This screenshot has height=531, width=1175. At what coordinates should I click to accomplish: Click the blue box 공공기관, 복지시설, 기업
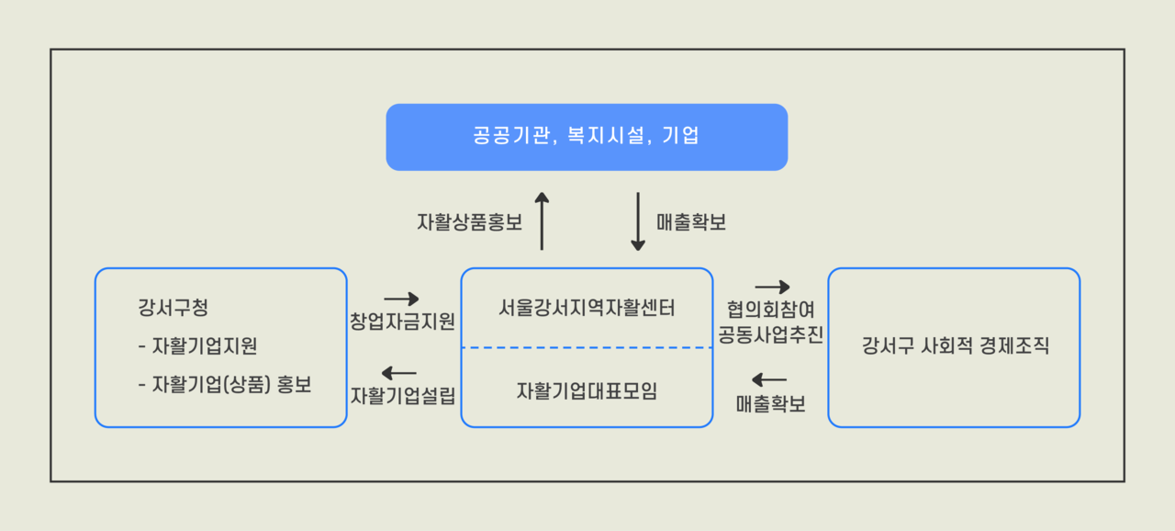(x=587, y=137)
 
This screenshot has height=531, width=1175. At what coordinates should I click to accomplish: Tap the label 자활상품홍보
(x=469, y=222)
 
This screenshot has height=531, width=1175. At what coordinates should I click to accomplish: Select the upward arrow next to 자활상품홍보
(x=542, y=220)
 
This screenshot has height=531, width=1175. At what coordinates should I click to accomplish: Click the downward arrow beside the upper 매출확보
(x=638, y=221)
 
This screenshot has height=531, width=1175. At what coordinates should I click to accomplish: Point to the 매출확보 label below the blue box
(x=691, y=222)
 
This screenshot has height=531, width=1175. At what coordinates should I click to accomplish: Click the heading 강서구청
(x=173, y=308)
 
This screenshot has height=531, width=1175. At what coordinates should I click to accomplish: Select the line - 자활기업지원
(x=197, y=346)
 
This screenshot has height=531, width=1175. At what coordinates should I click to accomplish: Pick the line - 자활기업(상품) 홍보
(x=225, y=385)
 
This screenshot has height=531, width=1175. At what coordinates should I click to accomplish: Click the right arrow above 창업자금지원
(x=401, y=299)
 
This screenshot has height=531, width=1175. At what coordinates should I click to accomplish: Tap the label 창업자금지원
(x=402, y=322)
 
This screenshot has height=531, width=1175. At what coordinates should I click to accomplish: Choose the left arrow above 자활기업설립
(x=398, y=373)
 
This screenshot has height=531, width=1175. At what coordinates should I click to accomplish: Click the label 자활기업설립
(x=402, y=396)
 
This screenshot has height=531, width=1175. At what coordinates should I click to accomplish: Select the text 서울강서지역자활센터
(x=587, y=308)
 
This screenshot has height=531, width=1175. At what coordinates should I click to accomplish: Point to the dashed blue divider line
(x=587, y=347)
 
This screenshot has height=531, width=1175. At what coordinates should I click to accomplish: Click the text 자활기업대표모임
(x=587, y=391)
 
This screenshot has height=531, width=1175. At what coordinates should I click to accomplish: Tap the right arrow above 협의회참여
(x=772, y=287)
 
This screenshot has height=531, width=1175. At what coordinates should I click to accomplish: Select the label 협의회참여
(x=770, y=310)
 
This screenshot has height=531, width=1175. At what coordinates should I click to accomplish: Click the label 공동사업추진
(x=770, y=334)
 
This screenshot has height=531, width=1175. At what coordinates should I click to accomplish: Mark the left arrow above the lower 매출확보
(x=769, y=379)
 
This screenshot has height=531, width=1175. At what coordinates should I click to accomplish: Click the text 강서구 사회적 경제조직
(x=956, y=345)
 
